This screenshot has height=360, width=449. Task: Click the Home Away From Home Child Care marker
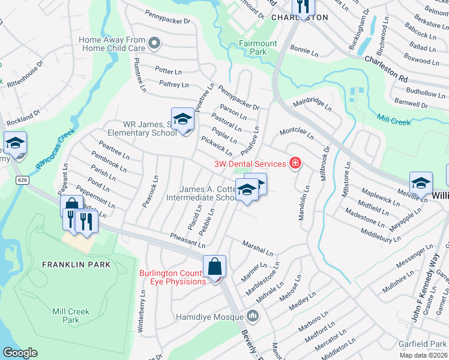coord(154,43)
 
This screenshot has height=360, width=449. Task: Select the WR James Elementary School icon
coord(182,120)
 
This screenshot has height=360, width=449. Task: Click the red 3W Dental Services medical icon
coord(295,163)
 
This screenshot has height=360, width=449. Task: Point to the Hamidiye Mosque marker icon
coord(253,316)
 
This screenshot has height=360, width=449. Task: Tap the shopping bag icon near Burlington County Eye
coord(214,267)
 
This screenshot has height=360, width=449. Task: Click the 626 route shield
coord(22,179)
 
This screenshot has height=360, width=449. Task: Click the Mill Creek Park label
coord(71,316)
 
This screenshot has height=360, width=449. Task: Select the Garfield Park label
coord(423,344)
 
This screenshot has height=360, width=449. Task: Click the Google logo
coord(20,353)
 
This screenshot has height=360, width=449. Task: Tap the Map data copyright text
coord(423,355)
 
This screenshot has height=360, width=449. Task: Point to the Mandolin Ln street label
coord(304,203)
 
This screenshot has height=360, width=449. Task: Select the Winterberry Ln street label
coord(142,312)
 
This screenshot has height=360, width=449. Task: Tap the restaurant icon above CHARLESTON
coord(303,6)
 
